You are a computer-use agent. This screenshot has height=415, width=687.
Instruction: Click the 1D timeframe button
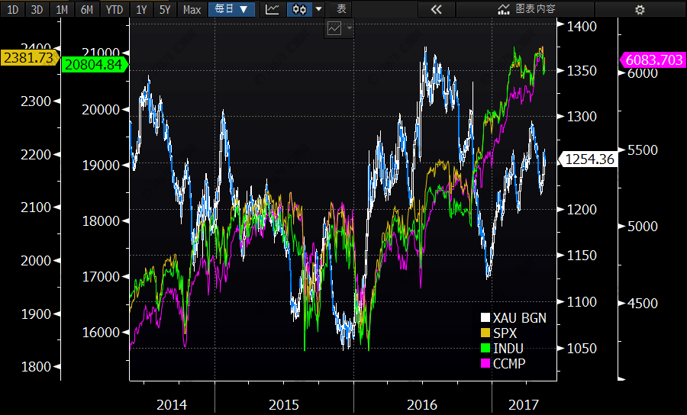click(x=12, y=9)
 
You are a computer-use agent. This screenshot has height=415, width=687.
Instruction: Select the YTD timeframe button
click(x=114, y=9)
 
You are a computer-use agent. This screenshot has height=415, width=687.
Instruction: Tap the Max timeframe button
click(x=192, y=9)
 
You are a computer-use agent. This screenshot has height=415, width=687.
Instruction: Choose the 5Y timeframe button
click(x=165, y=9)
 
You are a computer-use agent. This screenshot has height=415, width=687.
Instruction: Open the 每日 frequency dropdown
click(x=231, y=9)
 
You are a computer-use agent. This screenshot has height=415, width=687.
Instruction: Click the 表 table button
click(x=341, y=9)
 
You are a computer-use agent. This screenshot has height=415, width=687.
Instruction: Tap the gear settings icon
click(x=640, y=9)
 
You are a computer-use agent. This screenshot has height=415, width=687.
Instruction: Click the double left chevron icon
click(x=436, y=9)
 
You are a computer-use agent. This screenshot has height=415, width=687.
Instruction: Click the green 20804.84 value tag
click(x=93, y=65)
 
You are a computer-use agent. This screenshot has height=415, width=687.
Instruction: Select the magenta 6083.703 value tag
click(x=653, y=60)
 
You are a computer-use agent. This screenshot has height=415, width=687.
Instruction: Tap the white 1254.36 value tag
click(x=587, y=159)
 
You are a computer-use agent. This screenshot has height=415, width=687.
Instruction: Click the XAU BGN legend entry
click(x=519, y=318)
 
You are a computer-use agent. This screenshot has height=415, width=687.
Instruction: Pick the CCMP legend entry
click(x=508, y=364)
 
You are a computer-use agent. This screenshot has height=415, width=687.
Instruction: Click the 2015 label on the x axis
click(x=283, y=404)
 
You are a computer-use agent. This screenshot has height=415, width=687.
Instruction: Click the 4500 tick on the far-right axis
click(x=642, y=303)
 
